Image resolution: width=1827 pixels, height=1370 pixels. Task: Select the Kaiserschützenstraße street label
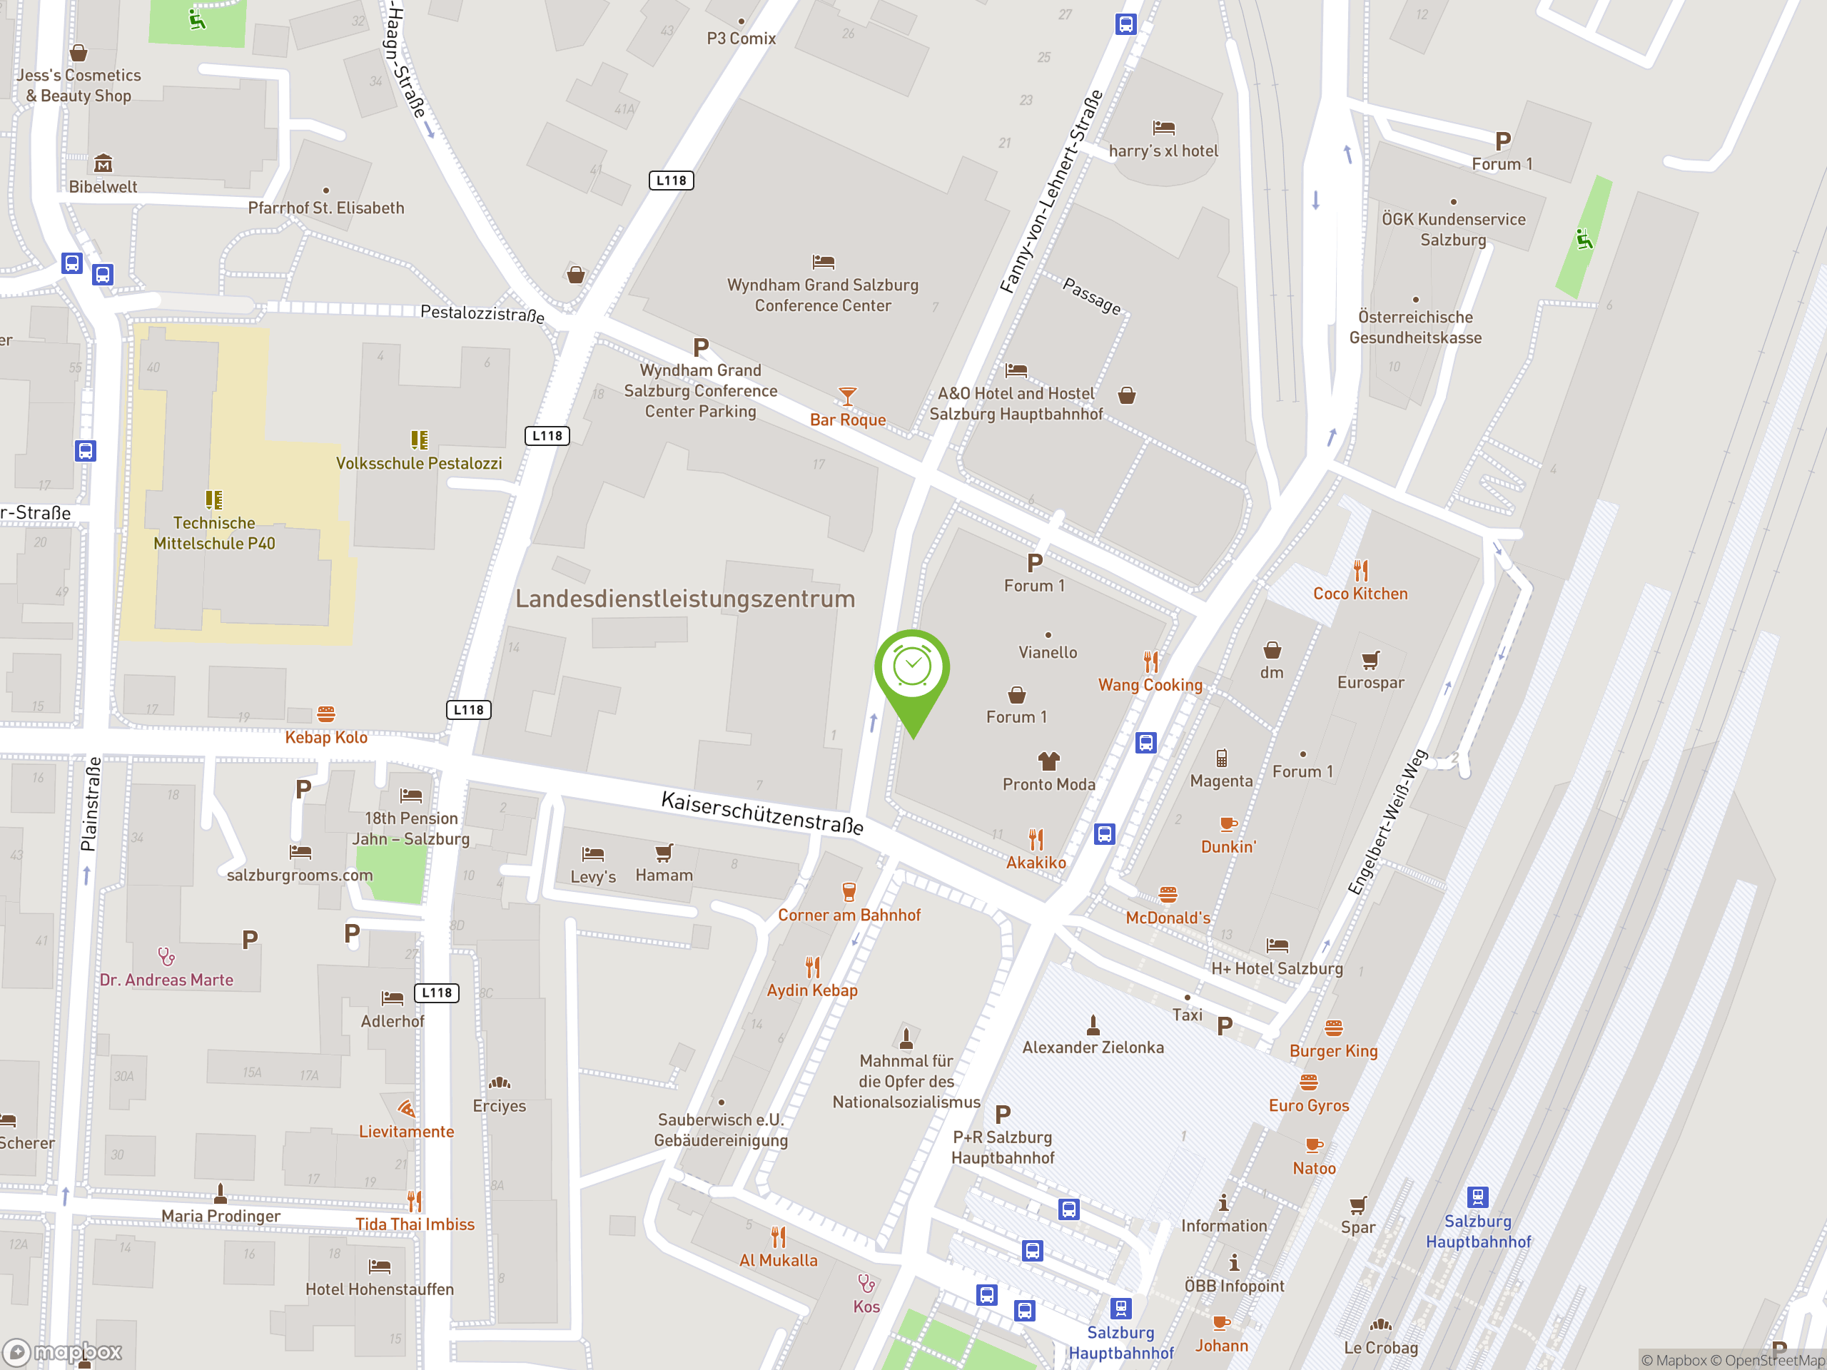[x=762, y=813]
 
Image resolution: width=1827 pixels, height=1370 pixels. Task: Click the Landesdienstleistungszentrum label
[x=684, y=599]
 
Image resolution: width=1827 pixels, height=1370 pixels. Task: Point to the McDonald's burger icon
[x=1167, y=894]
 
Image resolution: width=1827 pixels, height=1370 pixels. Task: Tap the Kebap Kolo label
[x=326, y=737]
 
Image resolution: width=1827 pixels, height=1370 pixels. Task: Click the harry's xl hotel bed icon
[x=1163, y=128]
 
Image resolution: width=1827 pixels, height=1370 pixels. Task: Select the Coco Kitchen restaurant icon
[x=1360, y=571]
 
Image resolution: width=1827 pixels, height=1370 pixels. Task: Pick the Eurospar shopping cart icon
[x=1370, y=660]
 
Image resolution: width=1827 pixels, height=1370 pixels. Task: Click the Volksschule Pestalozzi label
[x=419, y=463]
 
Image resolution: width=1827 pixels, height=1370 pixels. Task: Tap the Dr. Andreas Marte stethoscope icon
[x=167, y=957]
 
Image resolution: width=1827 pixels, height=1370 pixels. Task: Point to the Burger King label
[x=1333, y=1051]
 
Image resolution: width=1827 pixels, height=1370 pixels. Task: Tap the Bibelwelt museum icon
[x=103, y=163]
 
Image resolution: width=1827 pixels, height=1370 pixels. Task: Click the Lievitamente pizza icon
[x=406, y=1108]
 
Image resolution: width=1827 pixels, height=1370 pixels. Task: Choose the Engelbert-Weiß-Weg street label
[x=1387, y=822]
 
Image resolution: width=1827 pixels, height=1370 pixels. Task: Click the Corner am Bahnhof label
[x=849, y=915]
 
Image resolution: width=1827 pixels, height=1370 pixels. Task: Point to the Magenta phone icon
[x=1222, y=758]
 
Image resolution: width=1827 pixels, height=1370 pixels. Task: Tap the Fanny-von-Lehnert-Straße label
[x=1051, y=191]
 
